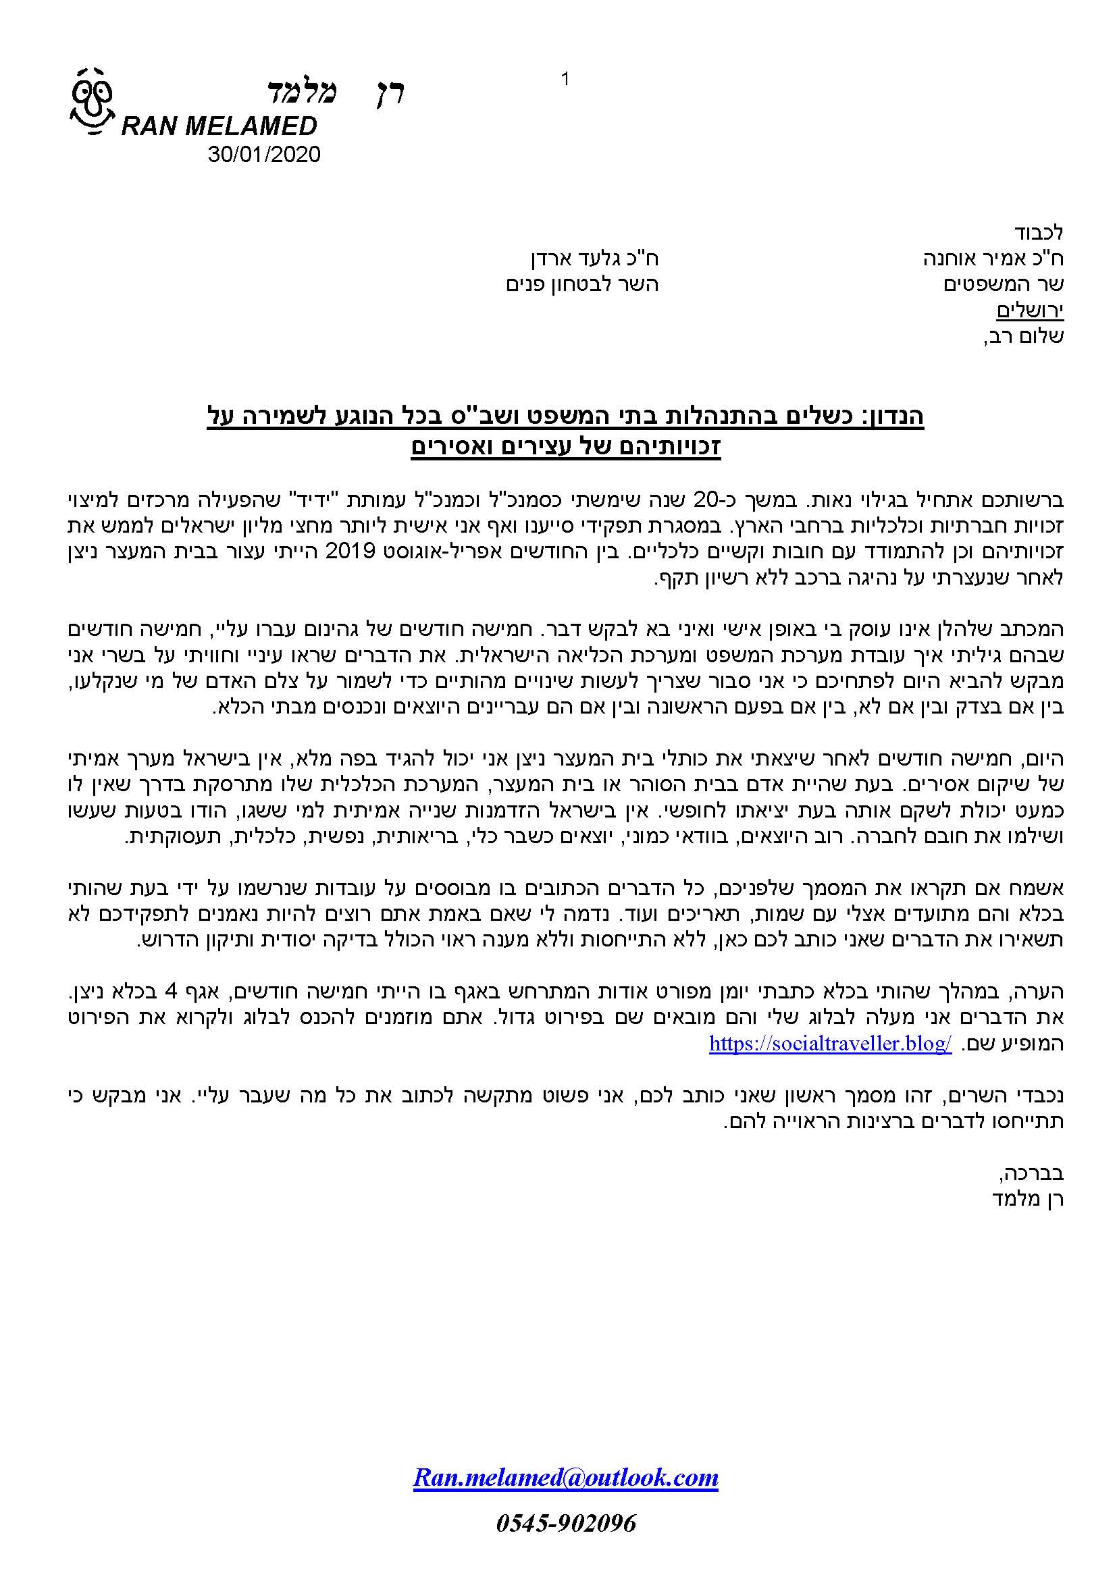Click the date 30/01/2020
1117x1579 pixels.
pos(264,154)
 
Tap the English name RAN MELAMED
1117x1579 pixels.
pos(219,126)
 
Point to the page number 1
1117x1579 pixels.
pos(565,80)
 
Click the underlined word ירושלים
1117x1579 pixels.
pos(1030,311)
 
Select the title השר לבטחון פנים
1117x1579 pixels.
pos(582,284)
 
